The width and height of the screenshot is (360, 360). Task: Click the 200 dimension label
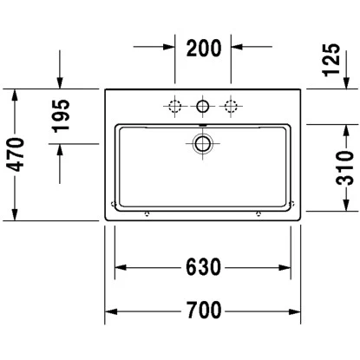pyautogui.click(x=202, y=47)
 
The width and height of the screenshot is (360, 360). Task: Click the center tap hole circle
pyautogui.click(x=202, y=107)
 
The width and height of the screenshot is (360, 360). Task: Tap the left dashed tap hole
pyautogui.click(x=174, y=107)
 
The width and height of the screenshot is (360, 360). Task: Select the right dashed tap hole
pyautogui.click(x=231, y=107)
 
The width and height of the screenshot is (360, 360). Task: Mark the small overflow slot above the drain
pyautogui.click(x=202, y=127)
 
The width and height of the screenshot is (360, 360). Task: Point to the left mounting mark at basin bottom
pyautogui.click(x=146, y=212)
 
